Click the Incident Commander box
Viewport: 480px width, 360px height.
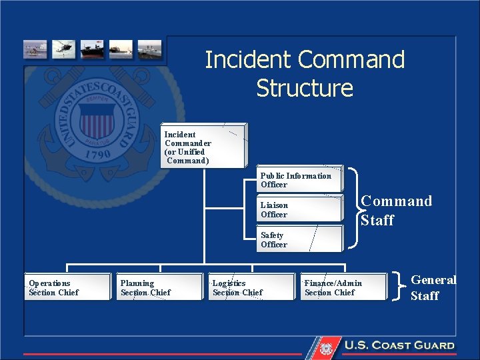(204, 145)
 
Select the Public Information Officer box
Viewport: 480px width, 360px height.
(299, 179)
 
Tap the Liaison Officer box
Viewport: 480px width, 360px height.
(299, 209)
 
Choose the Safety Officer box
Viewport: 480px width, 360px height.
(299, 239)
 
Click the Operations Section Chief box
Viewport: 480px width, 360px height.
(68, 287)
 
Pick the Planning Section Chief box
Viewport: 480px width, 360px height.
(160, 287)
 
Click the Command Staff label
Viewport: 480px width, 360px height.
(396, 210)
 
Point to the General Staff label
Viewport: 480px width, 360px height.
(433, 287)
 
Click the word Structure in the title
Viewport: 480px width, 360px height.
(305, 88)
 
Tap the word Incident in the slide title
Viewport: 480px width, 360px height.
(249, 60)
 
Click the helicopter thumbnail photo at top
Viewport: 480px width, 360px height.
(65, 50)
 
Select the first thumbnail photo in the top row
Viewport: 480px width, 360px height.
(35, 50)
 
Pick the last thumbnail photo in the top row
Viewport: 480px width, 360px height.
(150, 50)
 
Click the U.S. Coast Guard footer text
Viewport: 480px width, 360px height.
(399, 345)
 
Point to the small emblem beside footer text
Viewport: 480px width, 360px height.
(326, 347)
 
